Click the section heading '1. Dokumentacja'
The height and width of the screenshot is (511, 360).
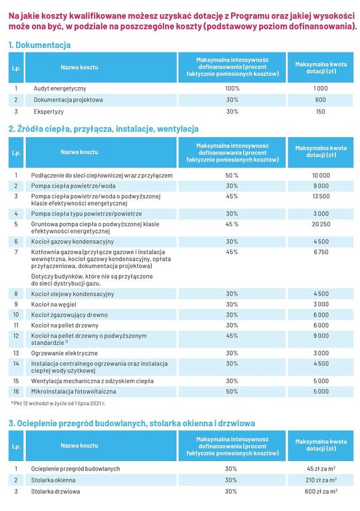coord(39,45)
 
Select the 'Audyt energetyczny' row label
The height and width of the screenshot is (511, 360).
coord(60,88)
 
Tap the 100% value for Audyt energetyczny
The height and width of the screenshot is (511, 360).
coord(232,88)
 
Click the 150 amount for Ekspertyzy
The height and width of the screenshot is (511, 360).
coord(321,112)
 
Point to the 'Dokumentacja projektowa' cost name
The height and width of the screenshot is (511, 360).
coord(68,100)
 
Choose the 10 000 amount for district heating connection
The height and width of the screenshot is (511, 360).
coord(321,176)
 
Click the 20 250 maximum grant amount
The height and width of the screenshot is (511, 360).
coord(321,224)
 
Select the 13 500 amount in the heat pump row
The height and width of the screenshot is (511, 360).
coord(321,196)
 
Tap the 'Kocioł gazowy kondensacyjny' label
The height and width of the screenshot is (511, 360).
coord(73,242)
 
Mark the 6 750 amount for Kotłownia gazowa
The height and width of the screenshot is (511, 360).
coord(321,252)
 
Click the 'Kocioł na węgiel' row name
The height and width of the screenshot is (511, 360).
coord(54,304)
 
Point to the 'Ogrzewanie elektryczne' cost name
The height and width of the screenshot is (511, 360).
coord(64,353)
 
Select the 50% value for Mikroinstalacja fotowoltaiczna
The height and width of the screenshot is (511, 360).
coord(232,391)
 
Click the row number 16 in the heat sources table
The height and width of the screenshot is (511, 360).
coord(16,391)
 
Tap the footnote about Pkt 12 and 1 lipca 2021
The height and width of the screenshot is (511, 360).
coord(58,403)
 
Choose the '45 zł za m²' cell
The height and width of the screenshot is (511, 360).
coord(321,468)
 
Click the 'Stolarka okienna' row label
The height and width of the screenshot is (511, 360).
coord(53,480)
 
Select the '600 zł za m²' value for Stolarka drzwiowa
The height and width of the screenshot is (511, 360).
coord(321,492)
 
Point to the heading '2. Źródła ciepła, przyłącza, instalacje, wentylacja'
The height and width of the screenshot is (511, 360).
coord(104,129)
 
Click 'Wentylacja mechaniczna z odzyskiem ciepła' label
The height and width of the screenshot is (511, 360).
coord(92,381)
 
